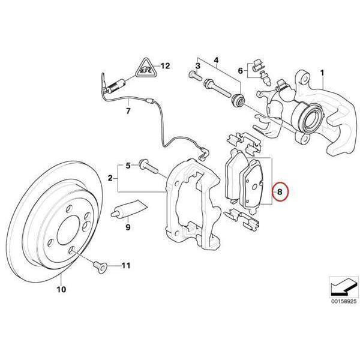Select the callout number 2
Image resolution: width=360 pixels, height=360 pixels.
tap(110, 178)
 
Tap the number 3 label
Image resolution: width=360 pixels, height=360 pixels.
tap(197, 64)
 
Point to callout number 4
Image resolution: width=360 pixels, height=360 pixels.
tap(217, 59)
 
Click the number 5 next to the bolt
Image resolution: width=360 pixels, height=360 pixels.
tap(127, 165)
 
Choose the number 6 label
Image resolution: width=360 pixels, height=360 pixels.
tap(241, 71)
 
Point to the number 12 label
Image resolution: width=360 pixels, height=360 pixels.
tap(166, 65)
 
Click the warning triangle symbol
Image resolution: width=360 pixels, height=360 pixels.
tap(144, 71)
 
